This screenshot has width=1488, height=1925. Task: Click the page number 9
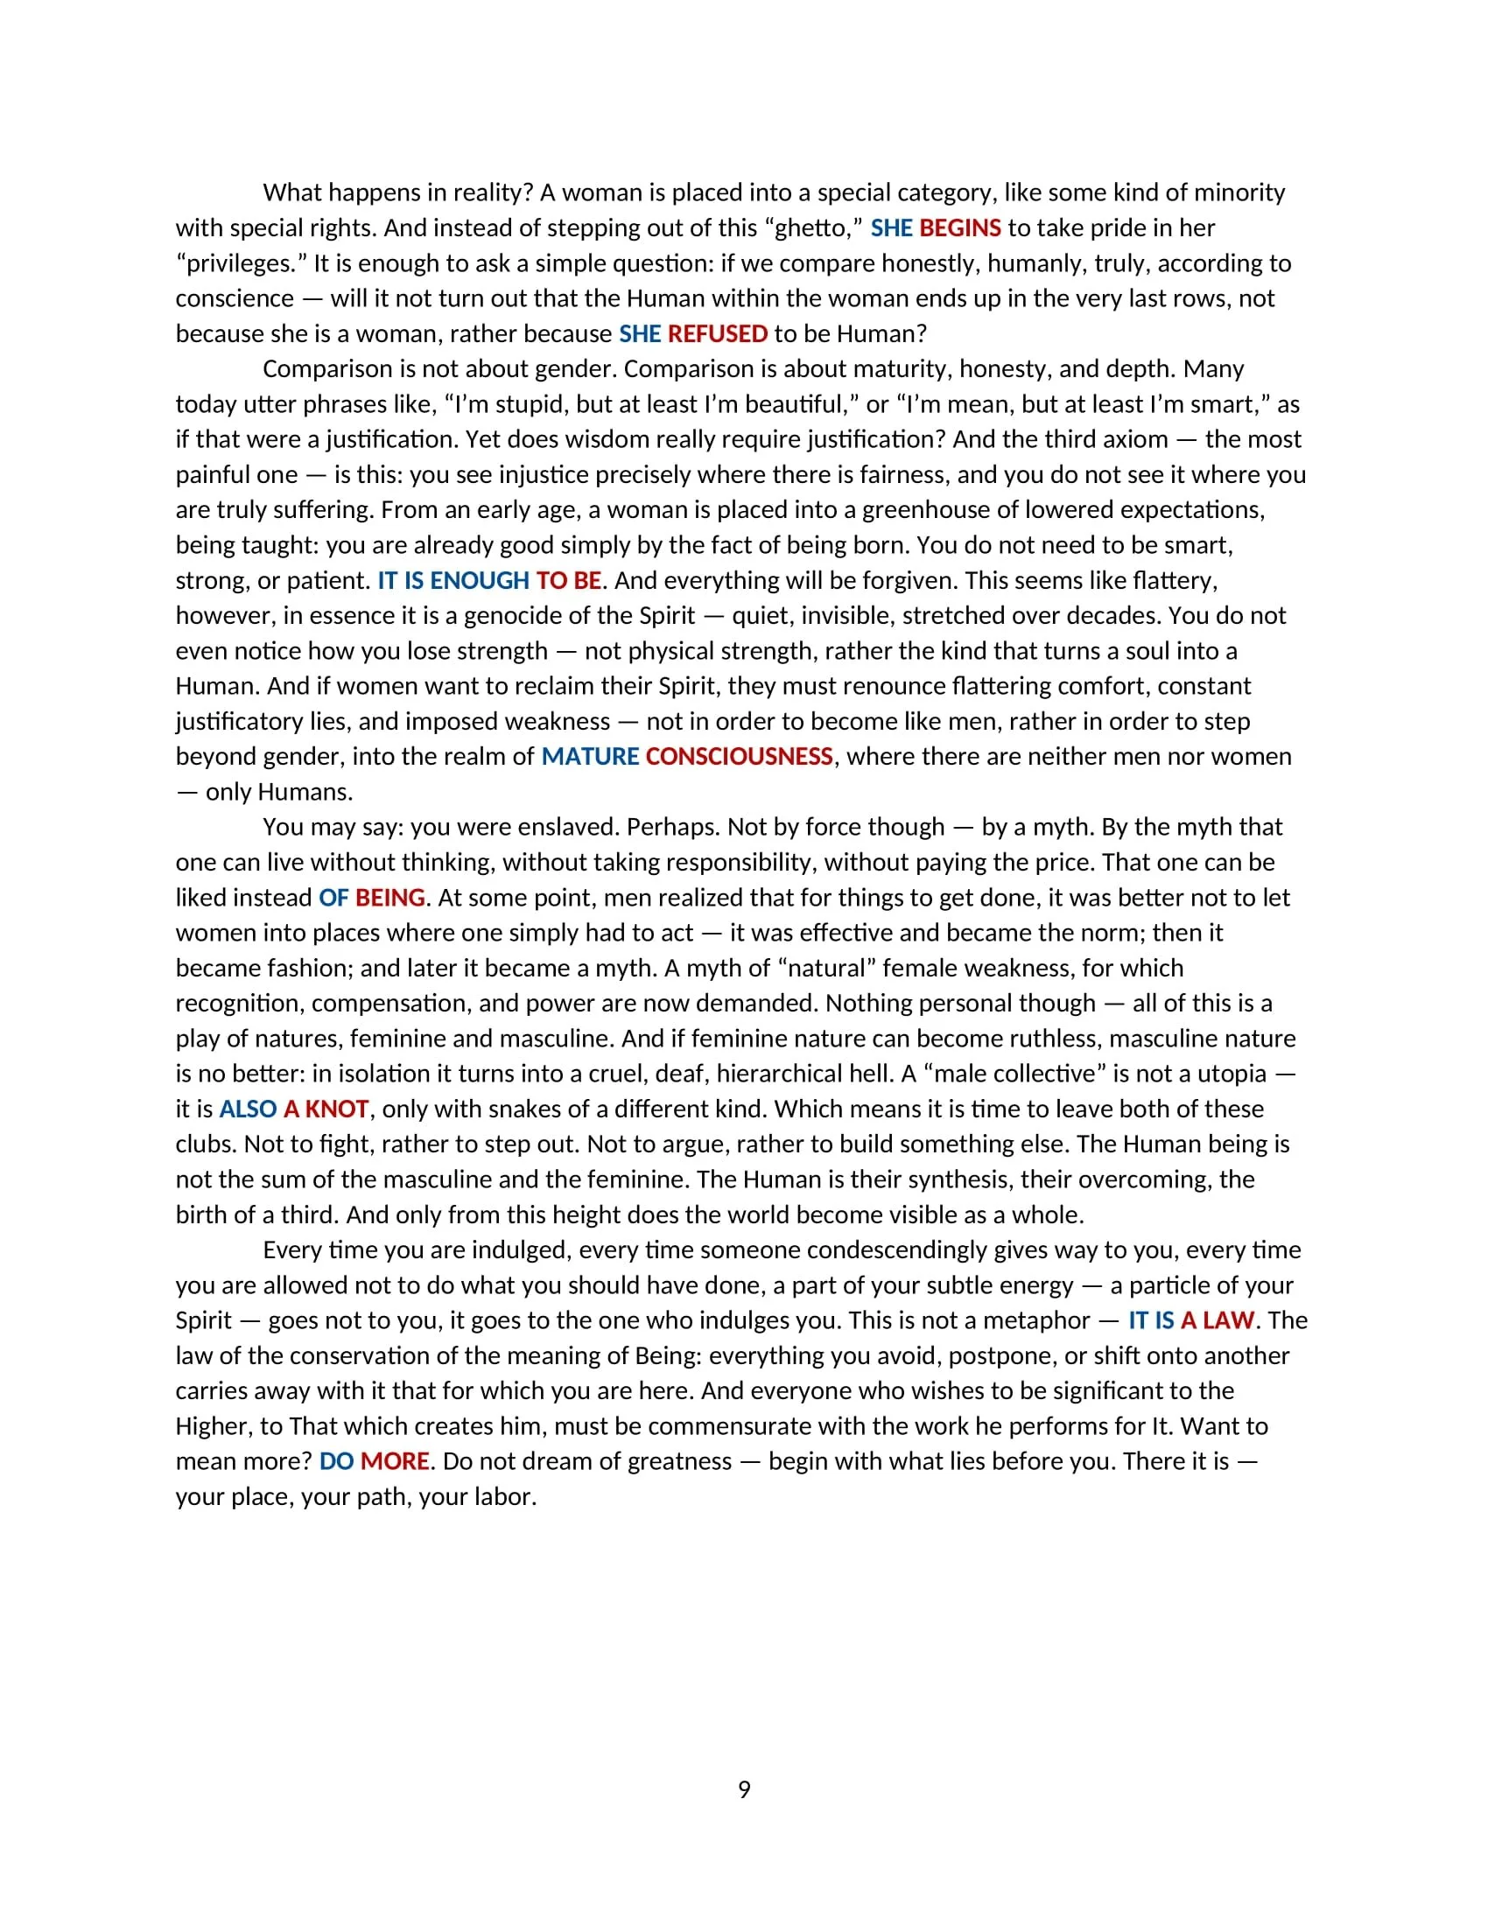[x=744, y=1790]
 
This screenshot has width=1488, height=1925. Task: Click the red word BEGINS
[x=960, y=228]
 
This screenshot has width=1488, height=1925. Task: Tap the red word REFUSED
[x=718, y=334]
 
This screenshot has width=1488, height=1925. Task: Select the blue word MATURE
[x=590, y=757]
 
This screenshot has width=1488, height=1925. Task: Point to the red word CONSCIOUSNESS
[x=739, y=757]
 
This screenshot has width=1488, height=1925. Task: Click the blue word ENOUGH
[x=480, y=581]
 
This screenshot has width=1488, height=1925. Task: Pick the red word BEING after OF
[x=390, y=898]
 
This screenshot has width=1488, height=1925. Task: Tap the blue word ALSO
[x=248, y=1109]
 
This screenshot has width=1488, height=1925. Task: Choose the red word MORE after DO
[x=395, y=1462]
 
